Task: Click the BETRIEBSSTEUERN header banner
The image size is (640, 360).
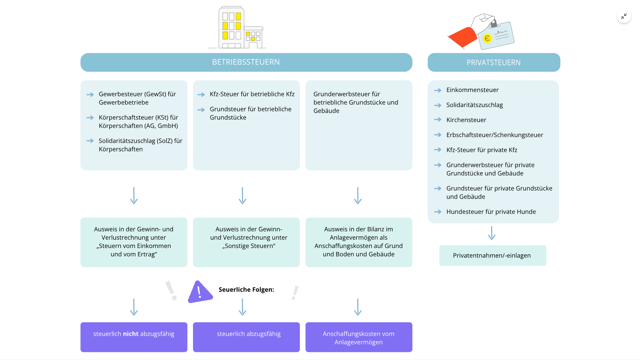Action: coord(246,62)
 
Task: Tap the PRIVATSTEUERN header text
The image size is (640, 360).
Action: coord(493,63)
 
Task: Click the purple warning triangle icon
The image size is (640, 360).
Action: coord(199,292)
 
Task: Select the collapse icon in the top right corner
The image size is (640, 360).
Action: coord(624,16)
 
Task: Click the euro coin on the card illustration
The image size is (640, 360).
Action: coord(487,39)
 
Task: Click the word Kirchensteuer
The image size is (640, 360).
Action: coord(466,120)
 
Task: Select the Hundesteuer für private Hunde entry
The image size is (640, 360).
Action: coord(491,212)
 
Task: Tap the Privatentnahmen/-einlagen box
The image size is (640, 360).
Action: coord(492,256)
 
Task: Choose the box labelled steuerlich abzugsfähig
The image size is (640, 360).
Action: coord(246,337)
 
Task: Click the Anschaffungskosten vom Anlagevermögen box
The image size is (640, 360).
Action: coord(359,337)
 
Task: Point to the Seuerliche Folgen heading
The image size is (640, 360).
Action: coord(246,290)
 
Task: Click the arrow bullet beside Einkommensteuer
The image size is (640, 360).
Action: coord(438,90)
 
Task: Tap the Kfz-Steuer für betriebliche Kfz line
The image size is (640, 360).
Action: coord(252,94)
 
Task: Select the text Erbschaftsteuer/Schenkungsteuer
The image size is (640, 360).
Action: coord(495,135)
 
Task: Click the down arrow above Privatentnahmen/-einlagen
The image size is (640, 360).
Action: coord(492,233)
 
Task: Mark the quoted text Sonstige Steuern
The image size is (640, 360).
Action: coord(249,246)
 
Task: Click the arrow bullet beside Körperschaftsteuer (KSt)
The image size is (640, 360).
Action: coord(90,118)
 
